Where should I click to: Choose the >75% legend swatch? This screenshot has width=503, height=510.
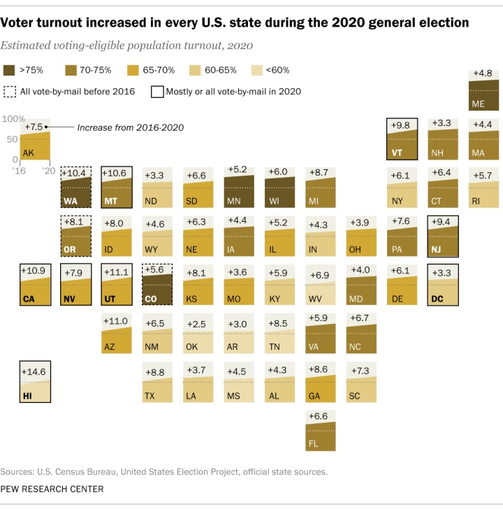click(x=10, y=70)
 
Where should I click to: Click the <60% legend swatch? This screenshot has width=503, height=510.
click(x=255, y=70)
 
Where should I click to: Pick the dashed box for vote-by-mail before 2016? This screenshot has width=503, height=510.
click(x=10, y=91)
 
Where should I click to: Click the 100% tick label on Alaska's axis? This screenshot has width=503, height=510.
click(x=14, y=120)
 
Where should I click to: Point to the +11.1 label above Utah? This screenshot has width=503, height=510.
click(x=117, y=271)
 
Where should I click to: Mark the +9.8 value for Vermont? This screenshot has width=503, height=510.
click(x=402, y=125)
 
